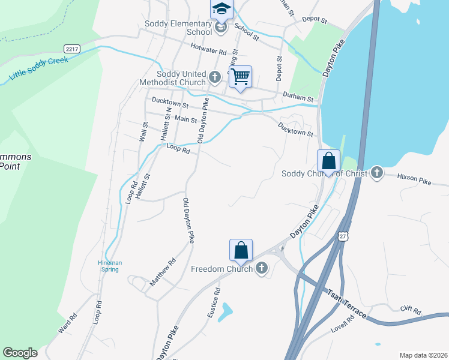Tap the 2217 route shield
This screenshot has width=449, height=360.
tap(72, 48)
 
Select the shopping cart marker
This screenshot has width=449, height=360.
tap(240, 77)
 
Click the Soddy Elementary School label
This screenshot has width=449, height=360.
tap(178, 28)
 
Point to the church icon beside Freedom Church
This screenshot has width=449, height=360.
tap(261, 268)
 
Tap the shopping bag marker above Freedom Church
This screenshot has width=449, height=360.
tap(241, 250)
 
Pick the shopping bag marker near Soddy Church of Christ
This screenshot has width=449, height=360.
tap(328, 161)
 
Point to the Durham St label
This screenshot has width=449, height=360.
tap(298, 97)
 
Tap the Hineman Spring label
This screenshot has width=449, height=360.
tap(110, 265)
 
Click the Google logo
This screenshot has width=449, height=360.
tap(20, 353)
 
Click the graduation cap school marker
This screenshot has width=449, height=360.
tap(220, 10)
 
